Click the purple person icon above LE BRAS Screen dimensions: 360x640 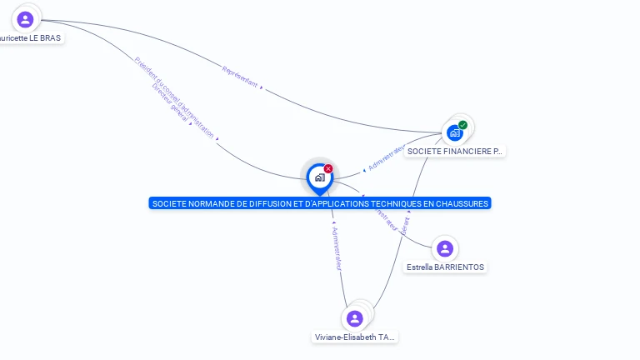click(25, 19)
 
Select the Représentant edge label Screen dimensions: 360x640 click(239, 77)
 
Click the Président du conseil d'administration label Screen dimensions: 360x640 click(176, 96)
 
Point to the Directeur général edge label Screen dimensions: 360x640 click(171, 108)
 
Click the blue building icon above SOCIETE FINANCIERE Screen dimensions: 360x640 click(454, 132)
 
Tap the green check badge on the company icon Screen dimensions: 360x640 click(462, 125)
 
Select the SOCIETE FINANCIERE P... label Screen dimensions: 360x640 click(454, 152)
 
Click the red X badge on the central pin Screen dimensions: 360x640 click(328, 169)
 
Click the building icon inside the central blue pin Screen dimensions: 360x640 click(319, 177)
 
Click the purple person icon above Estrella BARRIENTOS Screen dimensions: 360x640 click(445, 248)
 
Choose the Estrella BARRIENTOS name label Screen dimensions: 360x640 click(445, 267)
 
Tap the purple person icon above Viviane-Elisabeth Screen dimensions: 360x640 click(355, 318)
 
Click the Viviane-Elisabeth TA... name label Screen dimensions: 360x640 click(355, 337)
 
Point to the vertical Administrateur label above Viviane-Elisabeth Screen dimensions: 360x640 click(336, 247)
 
